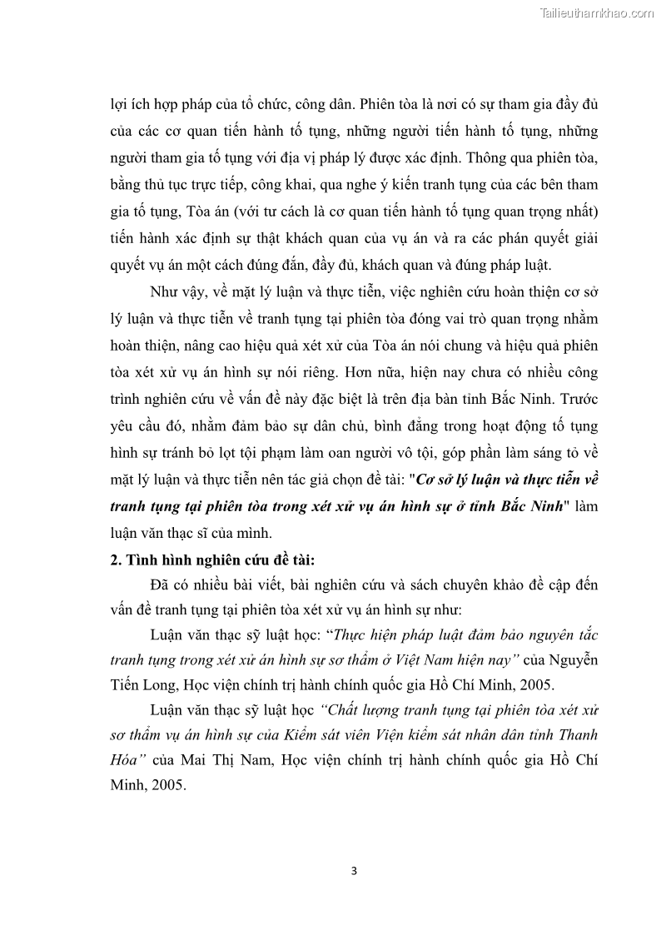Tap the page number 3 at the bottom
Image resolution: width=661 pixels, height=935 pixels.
click(354, 872)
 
